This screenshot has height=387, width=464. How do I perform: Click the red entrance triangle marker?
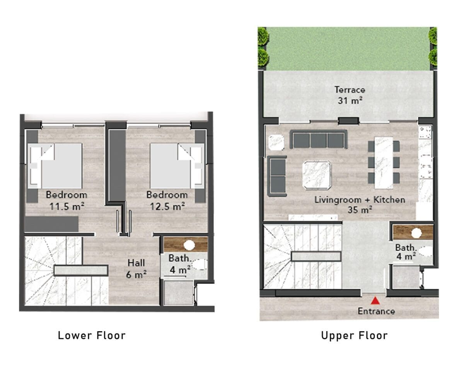375,301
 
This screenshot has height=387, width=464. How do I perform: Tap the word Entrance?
376,312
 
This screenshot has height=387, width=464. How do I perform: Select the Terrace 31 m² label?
350,95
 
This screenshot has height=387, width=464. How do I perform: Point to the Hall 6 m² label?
136,269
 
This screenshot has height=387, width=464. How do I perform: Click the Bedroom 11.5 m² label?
67,200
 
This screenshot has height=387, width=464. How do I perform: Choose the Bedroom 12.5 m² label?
167,200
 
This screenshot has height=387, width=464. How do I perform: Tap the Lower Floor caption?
92,336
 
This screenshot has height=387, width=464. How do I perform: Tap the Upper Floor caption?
355,336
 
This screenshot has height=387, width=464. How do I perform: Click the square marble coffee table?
317,175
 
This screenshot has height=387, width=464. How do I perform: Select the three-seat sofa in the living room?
319,139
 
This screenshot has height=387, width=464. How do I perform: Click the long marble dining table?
384,163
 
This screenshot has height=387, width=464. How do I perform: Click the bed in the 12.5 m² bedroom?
177,166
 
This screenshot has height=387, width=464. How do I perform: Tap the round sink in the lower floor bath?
189,245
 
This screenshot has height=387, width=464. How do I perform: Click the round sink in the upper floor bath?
416,233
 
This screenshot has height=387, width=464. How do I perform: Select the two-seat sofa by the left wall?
277,176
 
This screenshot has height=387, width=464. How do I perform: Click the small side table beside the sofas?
276,142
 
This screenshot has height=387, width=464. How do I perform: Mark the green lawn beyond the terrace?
348,49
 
